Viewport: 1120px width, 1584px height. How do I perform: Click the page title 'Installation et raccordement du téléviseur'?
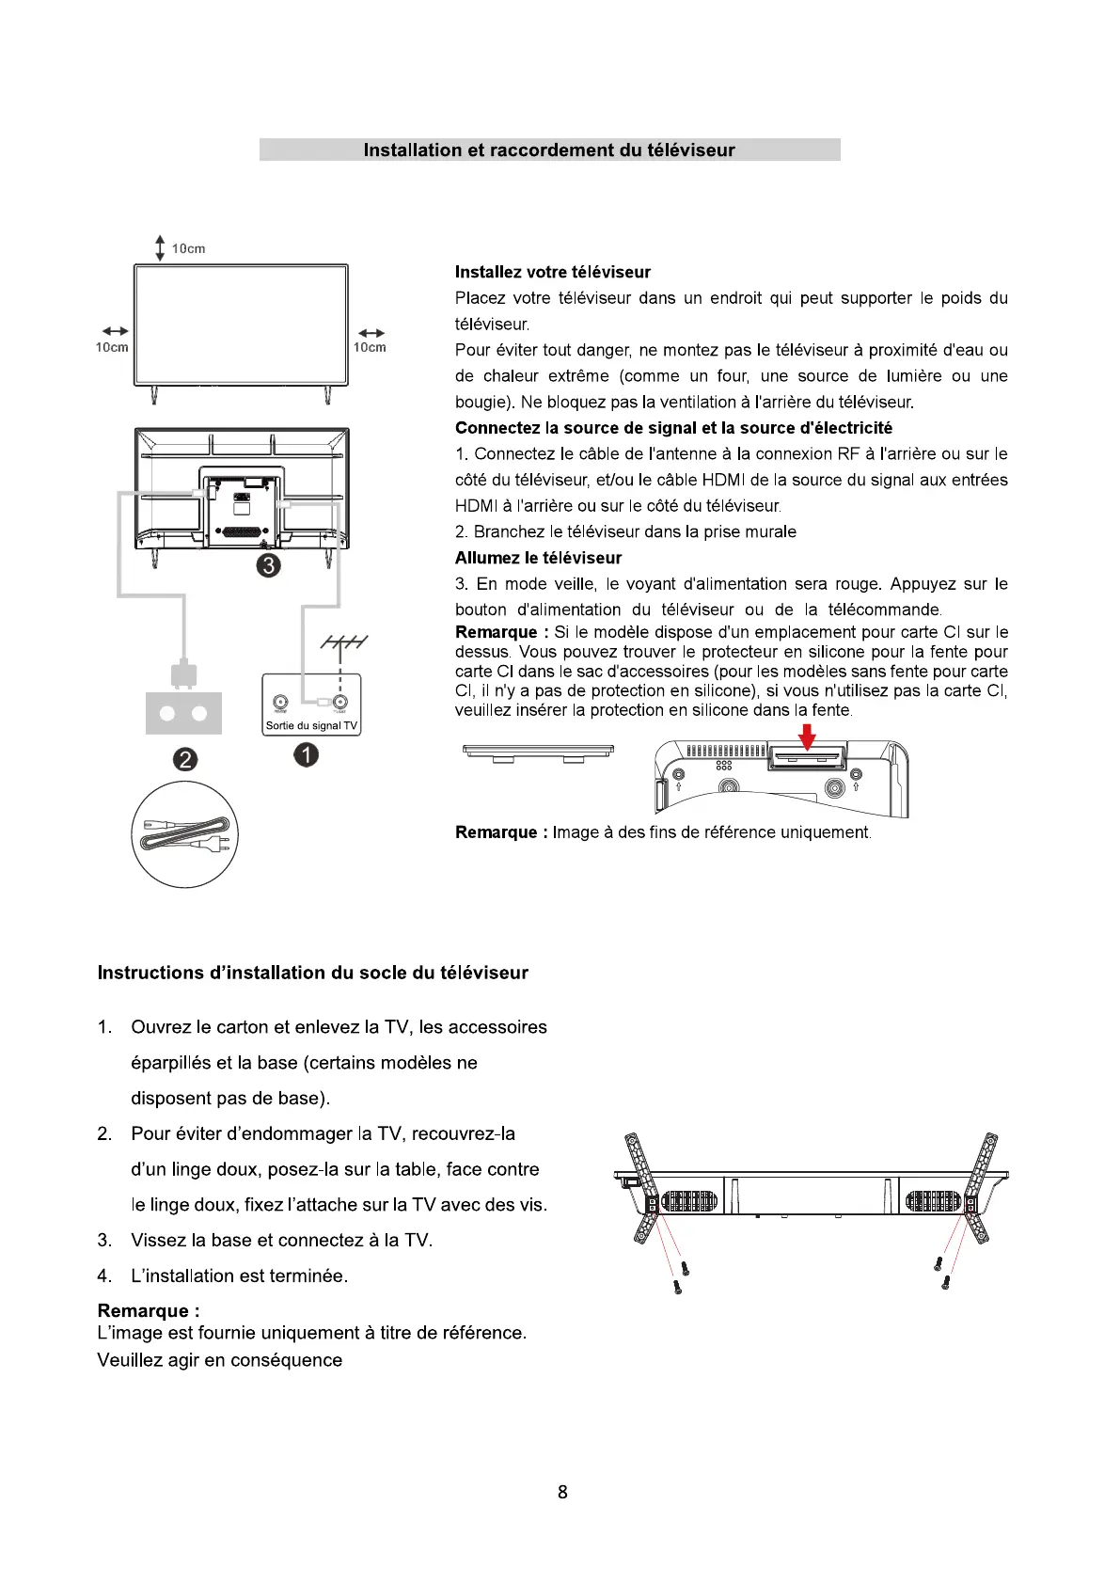(549, 150)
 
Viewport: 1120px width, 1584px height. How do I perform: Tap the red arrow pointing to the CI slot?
(807, 737)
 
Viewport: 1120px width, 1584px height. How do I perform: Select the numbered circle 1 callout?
(306, 754)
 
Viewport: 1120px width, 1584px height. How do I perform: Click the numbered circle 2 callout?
(185, 759)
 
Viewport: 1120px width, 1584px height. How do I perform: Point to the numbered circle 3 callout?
(269, 565)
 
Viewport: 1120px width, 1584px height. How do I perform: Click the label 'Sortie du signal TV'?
(311, 726)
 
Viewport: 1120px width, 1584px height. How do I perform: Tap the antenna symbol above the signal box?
(343, 642)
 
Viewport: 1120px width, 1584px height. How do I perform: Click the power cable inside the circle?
(185, 834)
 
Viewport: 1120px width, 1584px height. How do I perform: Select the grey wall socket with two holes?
(183, 713)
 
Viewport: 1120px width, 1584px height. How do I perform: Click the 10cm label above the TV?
(188, 249)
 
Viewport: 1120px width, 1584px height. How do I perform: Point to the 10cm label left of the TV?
(112, 348)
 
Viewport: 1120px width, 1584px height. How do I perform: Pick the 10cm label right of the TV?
(370, 348)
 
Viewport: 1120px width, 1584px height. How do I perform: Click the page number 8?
(562, 1492)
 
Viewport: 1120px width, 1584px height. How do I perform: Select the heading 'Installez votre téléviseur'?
(553, 273)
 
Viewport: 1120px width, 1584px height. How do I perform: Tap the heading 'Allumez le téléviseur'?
(538, 558)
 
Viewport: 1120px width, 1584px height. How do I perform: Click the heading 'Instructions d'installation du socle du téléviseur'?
(312, 973)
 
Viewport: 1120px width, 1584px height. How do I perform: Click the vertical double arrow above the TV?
(160, 248)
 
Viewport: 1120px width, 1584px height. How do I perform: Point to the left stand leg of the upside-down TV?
(644, 1187)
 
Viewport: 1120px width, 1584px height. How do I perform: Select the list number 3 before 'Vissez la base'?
(104, 1241)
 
